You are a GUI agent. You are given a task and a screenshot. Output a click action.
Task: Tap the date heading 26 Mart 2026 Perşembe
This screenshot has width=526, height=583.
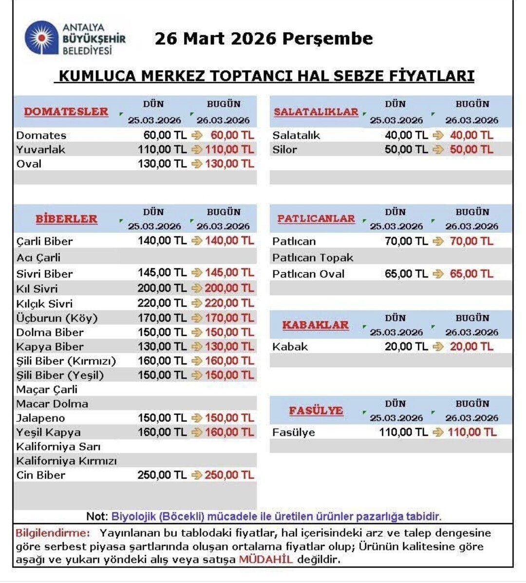click(263, 38)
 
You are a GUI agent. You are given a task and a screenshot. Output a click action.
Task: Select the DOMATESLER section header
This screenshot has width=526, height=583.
click(66, 112)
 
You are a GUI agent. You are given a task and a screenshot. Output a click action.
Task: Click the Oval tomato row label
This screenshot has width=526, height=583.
click(29, 164)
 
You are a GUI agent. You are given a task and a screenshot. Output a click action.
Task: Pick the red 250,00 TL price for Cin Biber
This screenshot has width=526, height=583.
click(229, 475)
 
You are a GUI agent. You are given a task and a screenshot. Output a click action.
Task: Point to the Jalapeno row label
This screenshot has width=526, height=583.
click(40, 418)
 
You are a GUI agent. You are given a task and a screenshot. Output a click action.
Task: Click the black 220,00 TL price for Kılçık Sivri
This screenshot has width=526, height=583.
click(162, 303)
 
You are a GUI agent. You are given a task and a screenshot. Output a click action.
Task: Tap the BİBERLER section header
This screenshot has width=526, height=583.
click(66, 219)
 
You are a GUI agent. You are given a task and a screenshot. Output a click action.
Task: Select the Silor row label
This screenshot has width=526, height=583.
click(284, 150)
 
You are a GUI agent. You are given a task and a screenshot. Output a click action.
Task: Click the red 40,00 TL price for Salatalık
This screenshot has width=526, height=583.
click(471, 135)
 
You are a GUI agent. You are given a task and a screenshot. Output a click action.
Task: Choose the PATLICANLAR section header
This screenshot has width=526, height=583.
click(316, 219)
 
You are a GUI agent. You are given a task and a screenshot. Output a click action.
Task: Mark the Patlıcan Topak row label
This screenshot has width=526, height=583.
click(313, 258)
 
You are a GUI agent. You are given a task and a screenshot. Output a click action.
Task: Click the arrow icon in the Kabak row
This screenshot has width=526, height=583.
click(438, 347)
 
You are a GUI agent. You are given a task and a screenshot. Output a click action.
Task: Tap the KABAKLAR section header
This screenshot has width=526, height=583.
click(316, 325)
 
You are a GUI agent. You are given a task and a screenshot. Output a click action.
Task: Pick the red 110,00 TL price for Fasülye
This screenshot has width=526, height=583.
click(472, 432)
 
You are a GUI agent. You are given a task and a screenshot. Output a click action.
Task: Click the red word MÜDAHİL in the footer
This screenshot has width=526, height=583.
click(266, 560)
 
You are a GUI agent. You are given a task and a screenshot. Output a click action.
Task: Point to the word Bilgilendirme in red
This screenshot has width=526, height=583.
click(53, 533)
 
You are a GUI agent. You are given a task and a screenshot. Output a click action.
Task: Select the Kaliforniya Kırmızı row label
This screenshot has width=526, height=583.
click(66, 461)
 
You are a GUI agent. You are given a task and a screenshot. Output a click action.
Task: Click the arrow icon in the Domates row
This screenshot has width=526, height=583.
click(197, 135)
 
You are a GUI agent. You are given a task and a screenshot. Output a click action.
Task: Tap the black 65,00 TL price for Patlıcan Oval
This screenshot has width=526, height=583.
click(406, 274)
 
